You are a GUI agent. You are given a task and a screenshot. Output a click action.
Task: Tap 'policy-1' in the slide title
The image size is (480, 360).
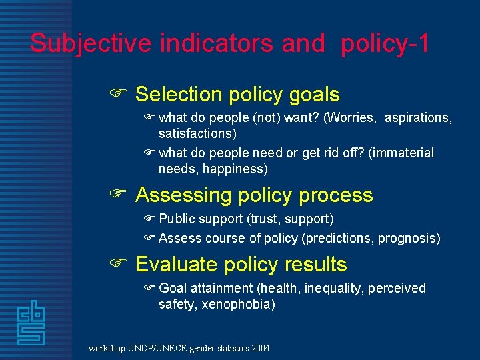(x=385, y=43)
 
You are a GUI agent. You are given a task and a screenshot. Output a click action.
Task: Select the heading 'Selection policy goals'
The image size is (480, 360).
(x=237, y=95)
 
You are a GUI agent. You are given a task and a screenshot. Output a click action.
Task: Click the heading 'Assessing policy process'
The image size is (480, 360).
(x=254, y=195)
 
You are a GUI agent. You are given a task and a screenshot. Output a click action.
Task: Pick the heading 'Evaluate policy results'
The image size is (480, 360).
(x=241, y=265)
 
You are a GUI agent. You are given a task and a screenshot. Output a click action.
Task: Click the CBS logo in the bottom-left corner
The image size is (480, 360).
(x=31, y=323)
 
